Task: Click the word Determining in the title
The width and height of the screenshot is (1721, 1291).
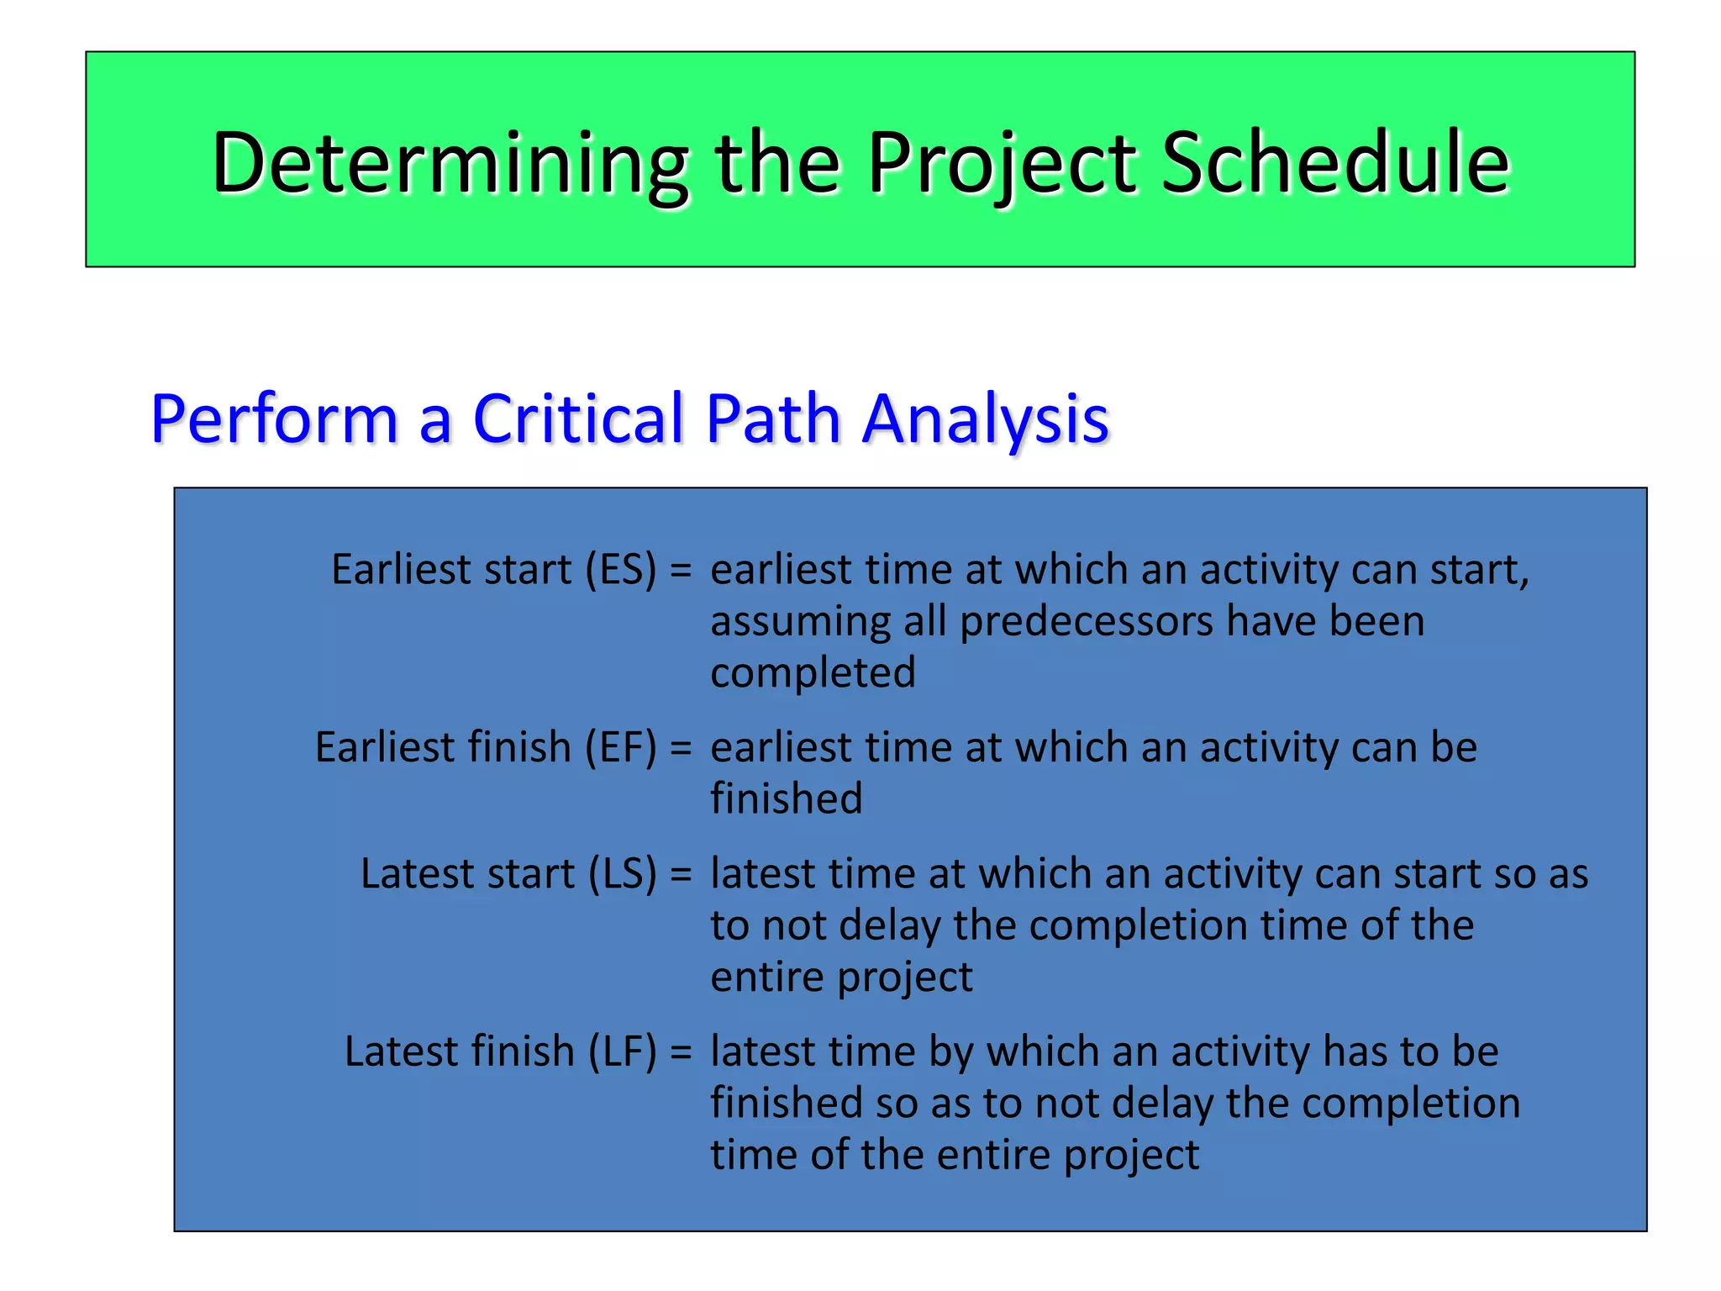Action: point(450,163)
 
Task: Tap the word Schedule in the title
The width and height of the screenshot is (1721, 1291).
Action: point(1335,163)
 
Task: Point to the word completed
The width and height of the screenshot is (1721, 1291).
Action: point(813,673)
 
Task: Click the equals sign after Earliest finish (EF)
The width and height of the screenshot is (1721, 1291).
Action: point(681,747)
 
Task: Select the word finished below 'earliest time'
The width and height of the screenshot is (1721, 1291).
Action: point(786,798)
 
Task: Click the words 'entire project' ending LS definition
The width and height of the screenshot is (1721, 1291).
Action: point(841,977)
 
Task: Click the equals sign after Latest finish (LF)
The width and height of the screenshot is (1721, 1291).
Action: point(681,1051)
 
